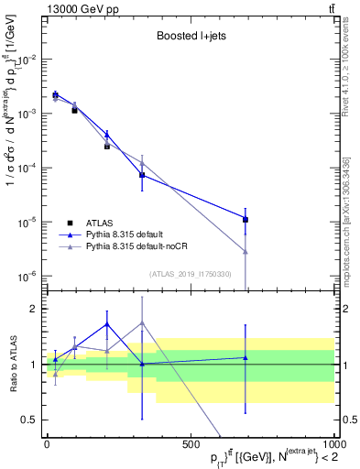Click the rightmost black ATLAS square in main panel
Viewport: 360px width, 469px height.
(245, 219)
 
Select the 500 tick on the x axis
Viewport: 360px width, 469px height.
(190, 444)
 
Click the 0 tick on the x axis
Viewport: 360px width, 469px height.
(47, 444)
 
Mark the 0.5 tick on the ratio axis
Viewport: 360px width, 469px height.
(28, 420)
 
